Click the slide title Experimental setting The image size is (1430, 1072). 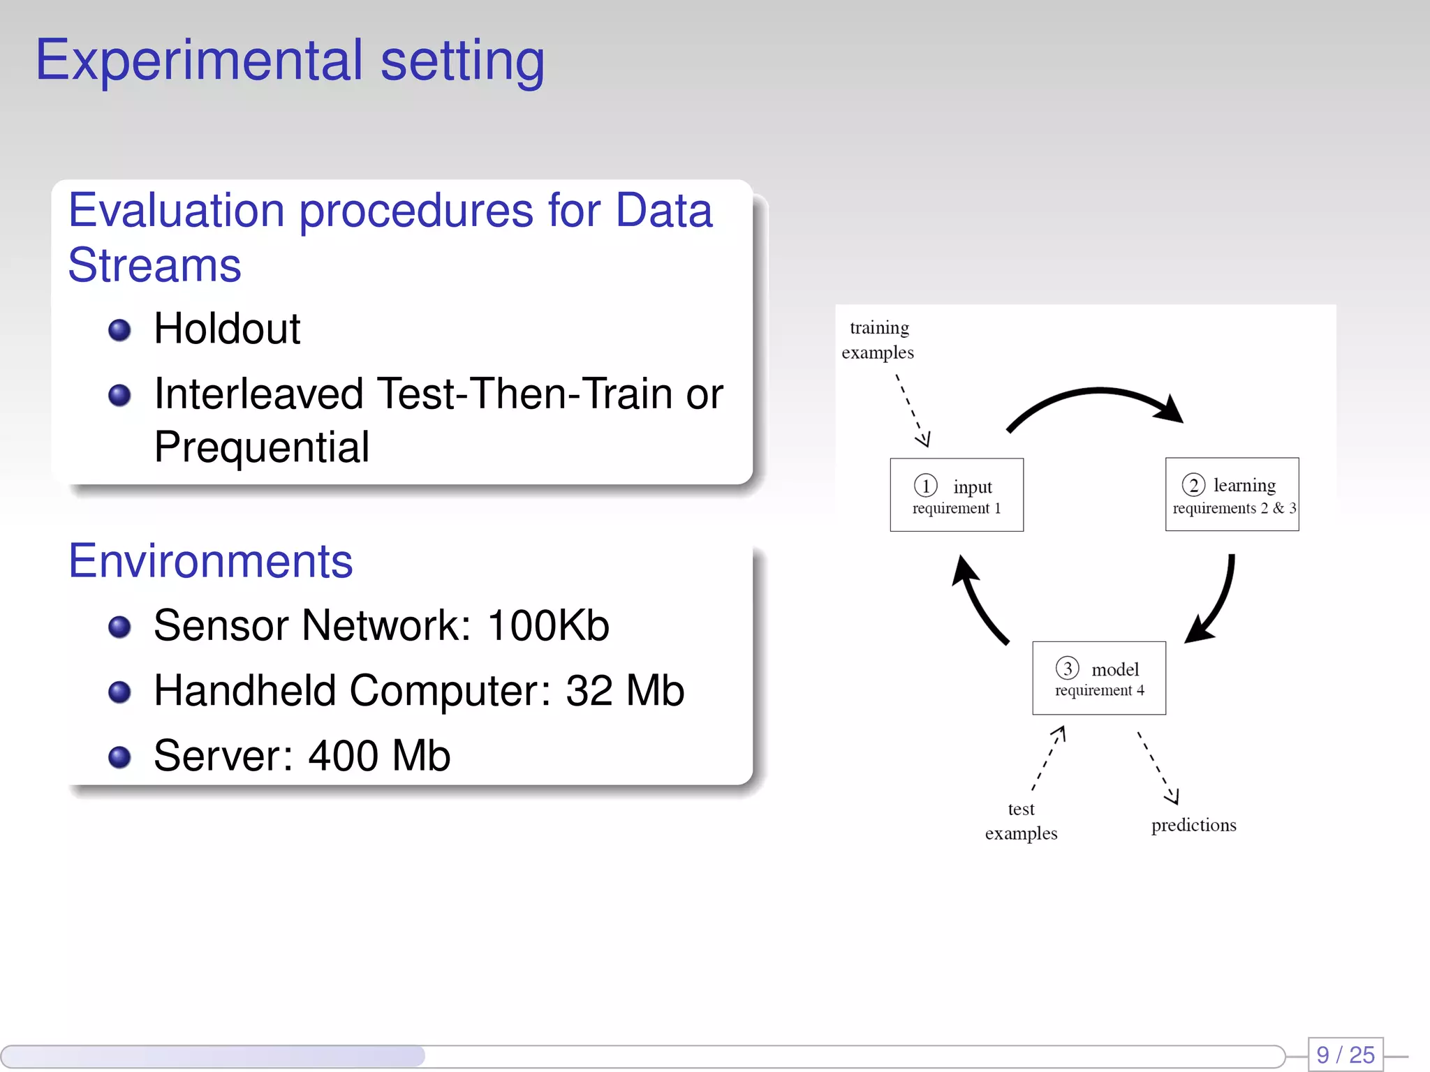289,61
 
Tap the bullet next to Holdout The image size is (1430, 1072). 119,329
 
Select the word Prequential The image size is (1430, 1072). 261,447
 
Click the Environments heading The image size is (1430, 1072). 210,561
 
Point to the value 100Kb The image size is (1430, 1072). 548,625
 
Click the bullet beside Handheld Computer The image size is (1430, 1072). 119,692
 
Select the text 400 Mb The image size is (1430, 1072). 379,756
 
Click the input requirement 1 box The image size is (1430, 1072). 956,495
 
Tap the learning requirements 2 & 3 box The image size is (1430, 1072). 1232,495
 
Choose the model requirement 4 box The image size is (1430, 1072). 1098,678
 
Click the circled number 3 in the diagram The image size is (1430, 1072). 1067,668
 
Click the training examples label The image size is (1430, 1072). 878,340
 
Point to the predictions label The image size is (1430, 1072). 1193,825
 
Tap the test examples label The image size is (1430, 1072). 1021,821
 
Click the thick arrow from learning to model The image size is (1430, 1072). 1219,600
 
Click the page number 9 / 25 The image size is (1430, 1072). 1345,1055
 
